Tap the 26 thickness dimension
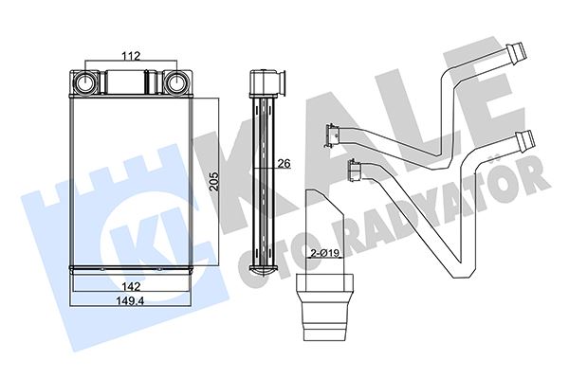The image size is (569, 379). pos(281,164)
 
